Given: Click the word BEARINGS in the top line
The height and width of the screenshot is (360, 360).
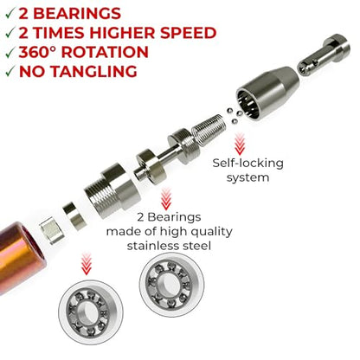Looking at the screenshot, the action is pyautogui.click(x=77, y=14).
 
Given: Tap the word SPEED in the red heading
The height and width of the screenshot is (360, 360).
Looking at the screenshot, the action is pyautogui.click(x=188, y=33).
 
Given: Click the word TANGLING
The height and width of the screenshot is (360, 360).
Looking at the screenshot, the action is pyautogui.click(x=93, y=72).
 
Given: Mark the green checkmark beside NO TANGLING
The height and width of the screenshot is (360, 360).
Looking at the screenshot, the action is pyautogui.click(x=10, y=72).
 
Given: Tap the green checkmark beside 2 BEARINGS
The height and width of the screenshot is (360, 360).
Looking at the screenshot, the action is pyautogui.click(x=10, y=14).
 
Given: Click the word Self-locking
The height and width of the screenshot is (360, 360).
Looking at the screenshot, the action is pyautogui.click(x=247, y=164).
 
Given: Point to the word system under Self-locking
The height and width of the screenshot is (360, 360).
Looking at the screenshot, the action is pyautogui.click(x=247, y=177).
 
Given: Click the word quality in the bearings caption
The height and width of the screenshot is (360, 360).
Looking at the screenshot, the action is pyautogui.click(x=211, y=232).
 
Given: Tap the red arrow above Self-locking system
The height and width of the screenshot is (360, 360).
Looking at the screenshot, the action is pyautogui.click(x=240, y=144).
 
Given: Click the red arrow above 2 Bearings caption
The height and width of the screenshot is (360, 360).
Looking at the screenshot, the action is pyautogui.click(x=166, y=198).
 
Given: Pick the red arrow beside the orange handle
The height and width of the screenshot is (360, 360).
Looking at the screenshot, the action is pyautogui.click(x=87, y=264).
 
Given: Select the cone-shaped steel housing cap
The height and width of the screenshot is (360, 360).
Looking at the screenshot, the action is pyautogui.click(x=267, y=93).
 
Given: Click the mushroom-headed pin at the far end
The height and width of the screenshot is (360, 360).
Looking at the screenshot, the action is pyautogui.click(x=324, y=55).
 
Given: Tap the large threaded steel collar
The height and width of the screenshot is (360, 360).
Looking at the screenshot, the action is pyautogui.click(x=112, y=190).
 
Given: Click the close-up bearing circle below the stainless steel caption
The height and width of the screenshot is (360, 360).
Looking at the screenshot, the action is pyautogui.click(x=171, y=284).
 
